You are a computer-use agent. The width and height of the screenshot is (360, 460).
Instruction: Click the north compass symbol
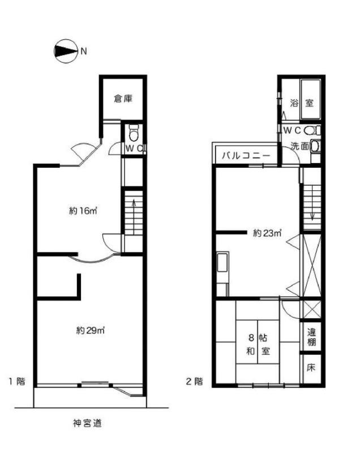pos(66,51)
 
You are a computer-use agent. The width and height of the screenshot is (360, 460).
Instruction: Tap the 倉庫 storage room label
pos(123,99)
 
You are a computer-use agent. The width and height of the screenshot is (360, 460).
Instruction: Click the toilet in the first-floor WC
pos(134,134)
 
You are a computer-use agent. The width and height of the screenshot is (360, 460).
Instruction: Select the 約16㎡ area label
pos(83,211)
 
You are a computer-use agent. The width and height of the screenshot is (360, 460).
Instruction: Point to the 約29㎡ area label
pos(91,330)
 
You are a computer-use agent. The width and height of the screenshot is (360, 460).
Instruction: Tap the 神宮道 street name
pos(87,423)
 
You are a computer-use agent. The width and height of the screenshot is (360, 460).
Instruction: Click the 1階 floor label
pos(17,381)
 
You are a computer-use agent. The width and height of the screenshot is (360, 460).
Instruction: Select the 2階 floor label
pos(195,381)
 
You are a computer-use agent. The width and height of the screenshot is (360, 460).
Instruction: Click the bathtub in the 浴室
pos(311,99)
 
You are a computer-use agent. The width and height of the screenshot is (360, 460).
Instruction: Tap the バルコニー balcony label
pos(246,155)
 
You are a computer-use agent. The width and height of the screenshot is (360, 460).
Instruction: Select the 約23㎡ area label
pos(267,233)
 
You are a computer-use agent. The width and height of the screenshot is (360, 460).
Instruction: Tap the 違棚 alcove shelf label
pos(311,337)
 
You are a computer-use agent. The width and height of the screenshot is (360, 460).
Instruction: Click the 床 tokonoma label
pos(311,367)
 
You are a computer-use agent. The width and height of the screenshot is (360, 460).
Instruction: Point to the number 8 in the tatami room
pos(251,338)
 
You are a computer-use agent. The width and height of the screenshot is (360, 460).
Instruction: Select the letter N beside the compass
pos(84,52)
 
